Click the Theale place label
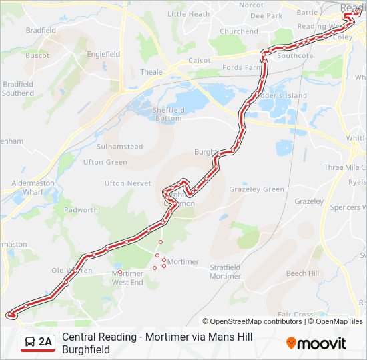[151, 72]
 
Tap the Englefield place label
[103, 53]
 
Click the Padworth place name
[81, 210]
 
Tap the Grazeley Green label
[256, 189]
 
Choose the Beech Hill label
[302, 273]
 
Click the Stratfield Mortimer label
[225, 272]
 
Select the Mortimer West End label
[127, 278]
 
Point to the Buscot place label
[37, 55]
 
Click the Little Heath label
[188, 14]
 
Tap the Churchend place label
[238, 31]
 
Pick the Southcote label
[295, 56]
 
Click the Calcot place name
[200, 60]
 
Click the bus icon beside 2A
[29, 343]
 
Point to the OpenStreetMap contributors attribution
[256, 321]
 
